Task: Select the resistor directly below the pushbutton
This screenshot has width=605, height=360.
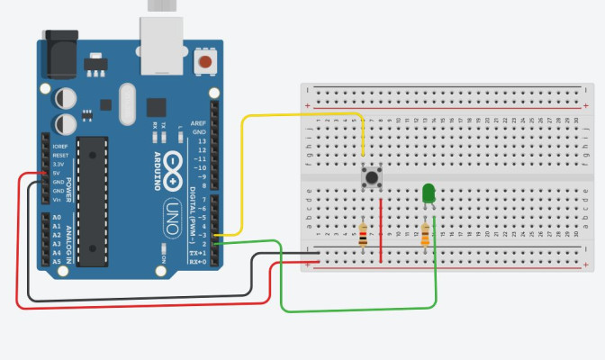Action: [363, 235]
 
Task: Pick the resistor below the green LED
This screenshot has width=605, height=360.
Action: [425, 235]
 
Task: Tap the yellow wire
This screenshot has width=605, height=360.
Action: [297, 115]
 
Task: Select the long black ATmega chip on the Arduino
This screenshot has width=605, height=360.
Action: [92, 202]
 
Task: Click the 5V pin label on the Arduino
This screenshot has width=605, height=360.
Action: [59, 173]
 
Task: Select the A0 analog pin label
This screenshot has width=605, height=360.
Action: [57, 218]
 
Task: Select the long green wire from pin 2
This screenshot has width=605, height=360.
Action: [360, 310]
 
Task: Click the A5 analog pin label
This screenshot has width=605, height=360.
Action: [57, 261]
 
